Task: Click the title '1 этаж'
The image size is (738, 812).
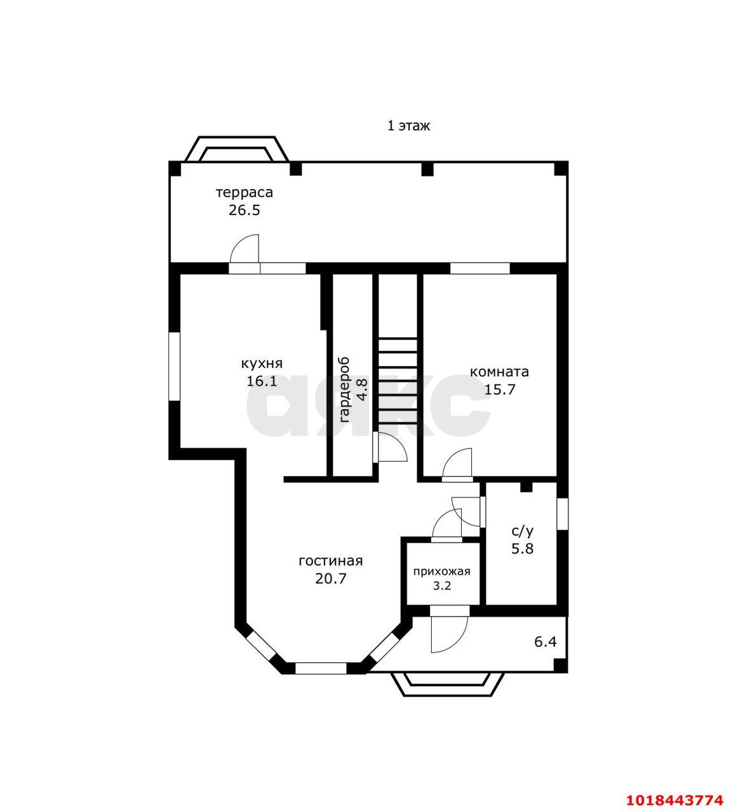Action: click(408, 126)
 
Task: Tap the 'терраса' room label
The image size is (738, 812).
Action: click(245, 192)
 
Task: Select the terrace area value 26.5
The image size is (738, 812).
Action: click(244, 211)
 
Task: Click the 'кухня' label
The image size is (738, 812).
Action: click(262, 363)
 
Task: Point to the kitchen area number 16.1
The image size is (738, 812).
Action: click(262, 381)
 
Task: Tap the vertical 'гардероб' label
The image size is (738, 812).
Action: click(344, 390)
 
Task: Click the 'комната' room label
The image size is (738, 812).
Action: click(499, 371)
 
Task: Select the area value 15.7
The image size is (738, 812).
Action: click(500, 390)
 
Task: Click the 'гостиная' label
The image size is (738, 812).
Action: click(331, 561)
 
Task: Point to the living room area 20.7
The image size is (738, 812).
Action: click(331, 579)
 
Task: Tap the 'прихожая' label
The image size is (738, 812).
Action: click(442, 572)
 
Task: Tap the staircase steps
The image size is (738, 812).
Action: click(397, 382)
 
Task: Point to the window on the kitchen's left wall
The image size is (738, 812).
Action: click(174, 367)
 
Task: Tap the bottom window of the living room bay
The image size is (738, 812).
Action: click(321, 668)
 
